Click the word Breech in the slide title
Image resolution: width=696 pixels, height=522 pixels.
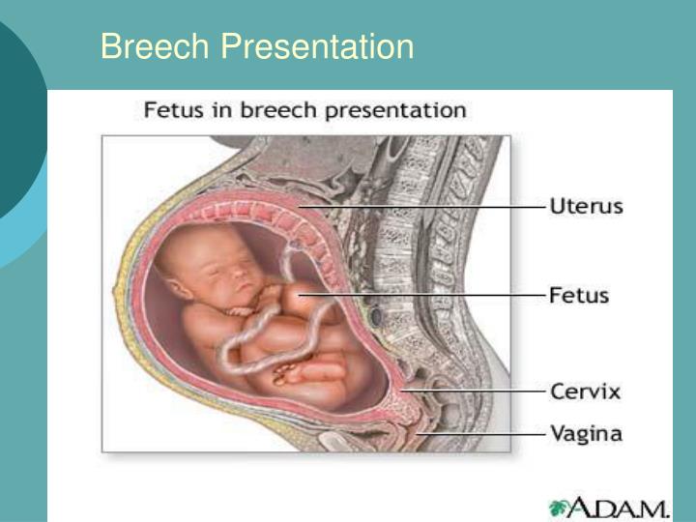click(155, 45)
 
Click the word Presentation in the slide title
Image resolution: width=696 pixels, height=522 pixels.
click(317, 45)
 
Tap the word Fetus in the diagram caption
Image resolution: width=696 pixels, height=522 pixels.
click(174, 109)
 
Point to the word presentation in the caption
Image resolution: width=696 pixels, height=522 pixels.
click(396, 111)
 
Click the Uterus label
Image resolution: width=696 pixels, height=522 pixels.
click(587, 207)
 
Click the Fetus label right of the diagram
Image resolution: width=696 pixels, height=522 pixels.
click(579, 295)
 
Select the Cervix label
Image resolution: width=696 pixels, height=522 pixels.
click(585, 391)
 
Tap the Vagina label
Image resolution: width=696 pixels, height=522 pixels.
click(586, 433)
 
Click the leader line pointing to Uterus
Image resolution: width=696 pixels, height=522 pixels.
click(421, 207)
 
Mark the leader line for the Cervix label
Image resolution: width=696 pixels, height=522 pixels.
click(473, 391)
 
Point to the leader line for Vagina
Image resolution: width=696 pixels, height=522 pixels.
click(481, 434)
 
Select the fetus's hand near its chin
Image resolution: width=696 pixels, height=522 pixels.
click(240, 311)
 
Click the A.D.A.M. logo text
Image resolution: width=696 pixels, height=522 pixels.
click(617, 507)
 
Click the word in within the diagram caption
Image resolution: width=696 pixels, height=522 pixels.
click(222, 109)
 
